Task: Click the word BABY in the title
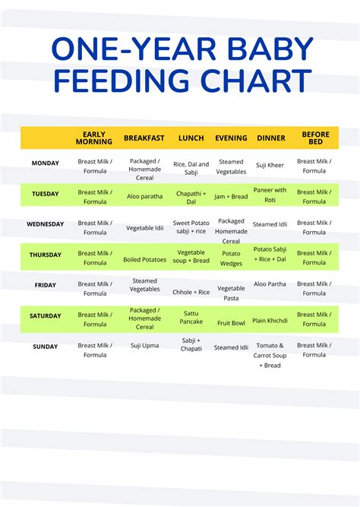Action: [269, 51]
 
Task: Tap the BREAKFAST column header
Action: [144, 138]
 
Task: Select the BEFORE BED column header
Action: [315, 138]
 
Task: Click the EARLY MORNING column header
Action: [95, 138]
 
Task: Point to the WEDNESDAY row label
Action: [45, 225]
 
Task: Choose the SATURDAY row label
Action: [45, 316]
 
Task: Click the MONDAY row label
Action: [45, 163]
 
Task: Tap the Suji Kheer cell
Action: [270, 165]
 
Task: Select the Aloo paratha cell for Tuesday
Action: [144, 196]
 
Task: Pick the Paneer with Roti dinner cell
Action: [270, 195]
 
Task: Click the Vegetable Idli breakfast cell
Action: [144, 227]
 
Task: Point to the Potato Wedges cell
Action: [231, 258]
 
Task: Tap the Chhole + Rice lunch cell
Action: [191, 292]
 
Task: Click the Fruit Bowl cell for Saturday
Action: [231, 323]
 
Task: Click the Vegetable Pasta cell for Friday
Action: [231, 293]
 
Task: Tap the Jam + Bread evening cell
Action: [231, 196]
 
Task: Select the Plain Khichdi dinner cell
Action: [270, 321]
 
